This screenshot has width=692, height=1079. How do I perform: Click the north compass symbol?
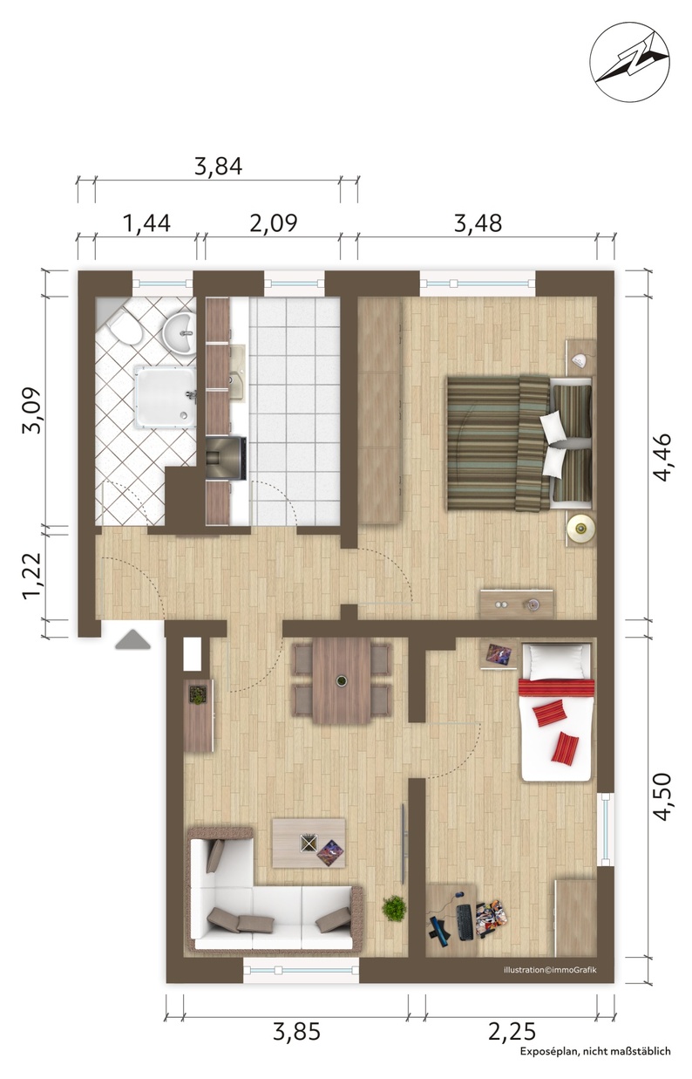[x=629, y=61]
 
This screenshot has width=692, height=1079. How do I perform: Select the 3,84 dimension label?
[x=218, y=167]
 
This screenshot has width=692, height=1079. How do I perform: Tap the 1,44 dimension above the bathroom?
[x=146, y=223]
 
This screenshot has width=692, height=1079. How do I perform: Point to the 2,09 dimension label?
[x=274, y=223]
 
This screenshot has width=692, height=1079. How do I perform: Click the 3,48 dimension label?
[x=478, y=223]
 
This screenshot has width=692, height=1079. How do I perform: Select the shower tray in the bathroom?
[x=165, y=396]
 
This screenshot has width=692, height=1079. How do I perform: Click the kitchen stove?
[x=226, y=458]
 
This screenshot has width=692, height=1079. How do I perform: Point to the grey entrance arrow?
[x=132, y=639]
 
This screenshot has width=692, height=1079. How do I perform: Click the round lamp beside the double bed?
[x=580, y=529]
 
